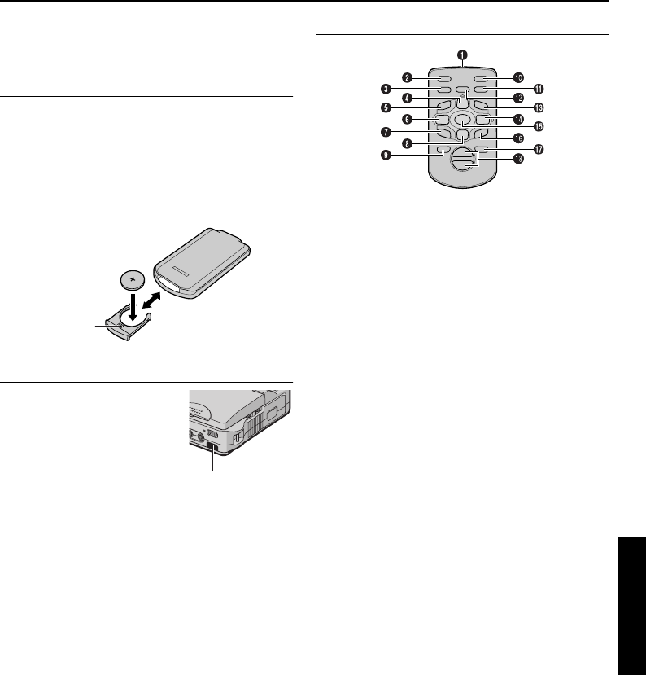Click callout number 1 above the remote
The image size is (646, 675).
(462, 55)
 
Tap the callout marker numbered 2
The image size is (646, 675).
(412, 78)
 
